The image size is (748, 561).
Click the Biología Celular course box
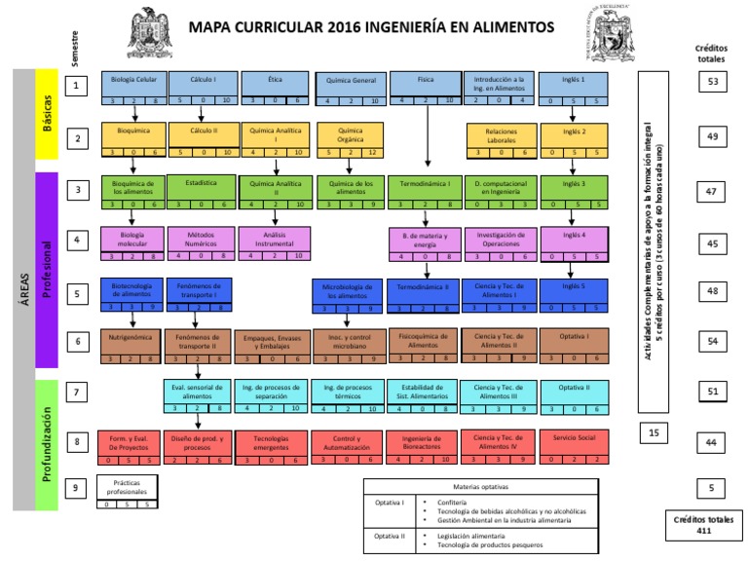pyautogui.click(x=134, y=85)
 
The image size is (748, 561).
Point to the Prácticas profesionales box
pyautogui.click(x=126, y=492)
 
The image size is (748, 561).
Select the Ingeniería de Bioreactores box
pyautogui.click(x=425, y=445)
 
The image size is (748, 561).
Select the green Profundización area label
pyautogui.click(x=48, y=445)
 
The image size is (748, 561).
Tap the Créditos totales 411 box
pyautogui.click(x=701, y=524)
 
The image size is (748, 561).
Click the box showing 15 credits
pyautogui.click(x=654, y=431)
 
